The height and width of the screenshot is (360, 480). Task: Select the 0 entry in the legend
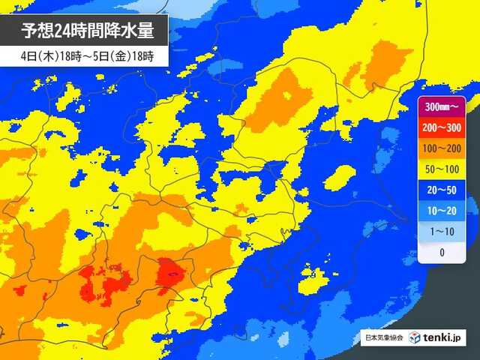click(442, 253)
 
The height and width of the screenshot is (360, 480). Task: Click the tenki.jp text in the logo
click(445, 338)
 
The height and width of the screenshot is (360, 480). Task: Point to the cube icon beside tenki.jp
click(415, 338)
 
